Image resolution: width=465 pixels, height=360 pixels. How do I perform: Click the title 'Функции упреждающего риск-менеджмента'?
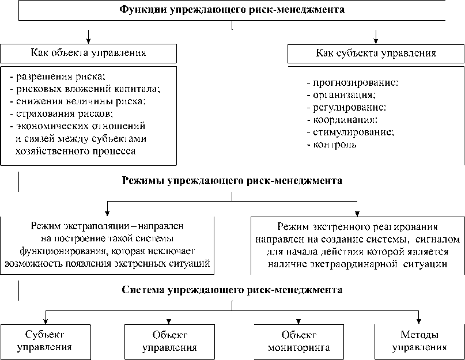[x=232, y=10]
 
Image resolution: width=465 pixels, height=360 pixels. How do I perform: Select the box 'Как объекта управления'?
[x=88, y=53]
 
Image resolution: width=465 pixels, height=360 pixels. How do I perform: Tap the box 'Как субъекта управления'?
[x=376, y=53]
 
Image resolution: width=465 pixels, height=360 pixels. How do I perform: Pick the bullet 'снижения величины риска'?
[x=78, y=101]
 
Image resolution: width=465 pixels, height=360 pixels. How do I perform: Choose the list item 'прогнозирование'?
[x=352, y=83]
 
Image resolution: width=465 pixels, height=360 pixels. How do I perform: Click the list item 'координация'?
[x=342, y=120]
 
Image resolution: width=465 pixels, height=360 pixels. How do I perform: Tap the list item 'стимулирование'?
[x=350, y=132]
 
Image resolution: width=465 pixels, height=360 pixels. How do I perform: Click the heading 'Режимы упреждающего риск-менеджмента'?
[x=232, y=180]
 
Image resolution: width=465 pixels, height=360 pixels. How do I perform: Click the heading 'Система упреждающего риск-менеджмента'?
[x=232, y=290]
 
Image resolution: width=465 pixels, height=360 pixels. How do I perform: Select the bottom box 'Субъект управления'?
[x=45, y=341]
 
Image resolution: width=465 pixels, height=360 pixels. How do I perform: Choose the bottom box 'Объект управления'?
[x=169, y=341]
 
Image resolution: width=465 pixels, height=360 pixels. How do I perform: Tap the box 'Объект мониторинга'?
[x=299, y=341]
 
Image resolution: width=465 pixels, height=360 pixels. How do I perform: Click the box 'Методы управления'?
[x=419, y=341]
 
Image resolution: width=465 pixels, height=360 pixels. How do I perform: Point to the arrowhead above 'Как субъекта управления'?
[x=376, y=40]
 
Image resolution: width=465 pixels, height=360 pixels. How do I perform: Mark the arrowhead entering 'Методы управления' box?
[x=419, y=321]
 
